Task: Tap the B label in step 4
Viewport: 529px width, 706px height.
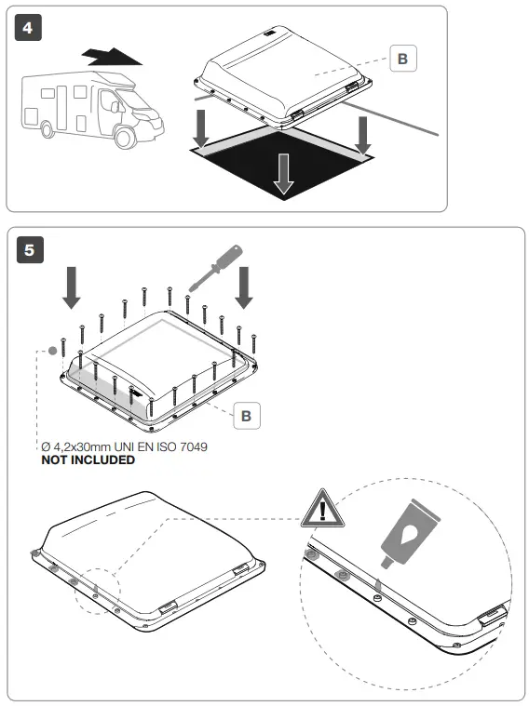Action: pos(402,59)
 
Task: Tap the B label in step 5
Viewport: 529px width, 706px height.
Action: pos(246,415)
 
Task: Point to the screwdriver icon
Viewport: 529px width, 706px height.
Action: pos(215,267)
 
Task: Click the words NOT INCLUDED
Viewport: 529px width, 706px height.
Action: pos(88,460)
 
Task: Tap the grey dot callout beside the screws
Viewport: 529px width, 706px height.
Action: pos(52,353)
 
